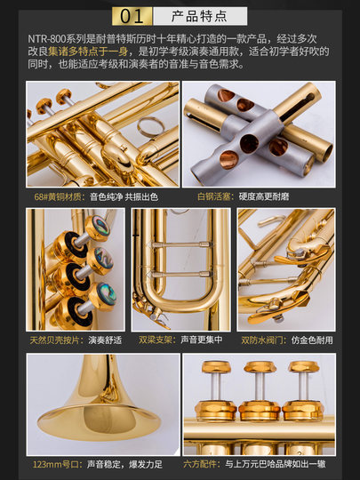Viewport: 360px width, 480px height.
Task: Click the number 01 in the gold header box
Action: [132, 16]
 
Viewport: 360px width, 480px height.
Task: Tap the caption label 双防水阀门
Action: [260, 339]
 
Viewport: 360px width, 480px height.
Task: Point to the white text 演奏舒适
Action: [105, 339]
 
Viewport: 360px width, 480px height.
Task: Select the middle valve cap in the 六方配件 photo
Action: [257, 369]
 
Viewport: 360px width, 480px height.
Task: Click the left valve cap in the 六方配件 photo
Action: [214, 368]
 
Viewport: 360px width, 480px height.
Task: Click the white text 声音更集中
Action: [203, 339]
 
